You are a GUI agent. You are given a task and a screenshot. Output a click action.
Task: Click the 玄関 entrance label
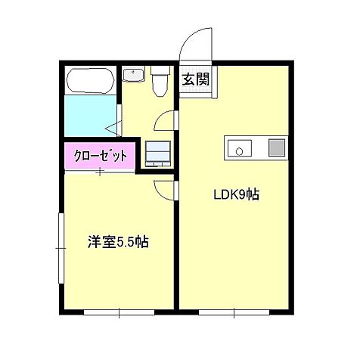[x=195, y=79]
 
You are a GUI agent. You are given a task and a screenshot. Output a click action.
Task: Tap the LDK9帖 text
[x=235, y=194]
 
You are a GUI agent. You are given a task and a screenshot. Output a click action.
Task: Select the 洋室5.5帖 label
[x=117, y=243]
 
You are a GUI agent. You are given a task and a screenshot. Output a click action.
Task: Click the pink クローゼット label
[x=100, y=157]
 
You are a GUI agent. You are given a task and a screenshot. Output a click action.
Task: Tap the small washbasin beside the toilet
[x=134, y=76]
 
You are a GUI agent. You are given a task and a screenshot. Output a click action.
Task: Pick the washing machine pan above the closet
[x=158, y=153]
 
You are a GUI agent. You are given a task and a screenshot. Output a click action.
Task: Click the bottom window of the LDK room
[x=234, y=311]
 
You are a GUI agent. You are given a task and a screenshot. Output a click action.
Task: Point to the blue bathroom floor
[x=88, y=114]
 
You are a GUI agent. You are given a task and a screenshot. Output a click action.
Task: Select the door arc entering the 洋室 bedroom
[x=164, y=189]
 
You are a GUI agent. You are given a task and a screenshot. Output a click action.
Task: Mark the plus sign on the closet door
[x=100, y=172]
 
